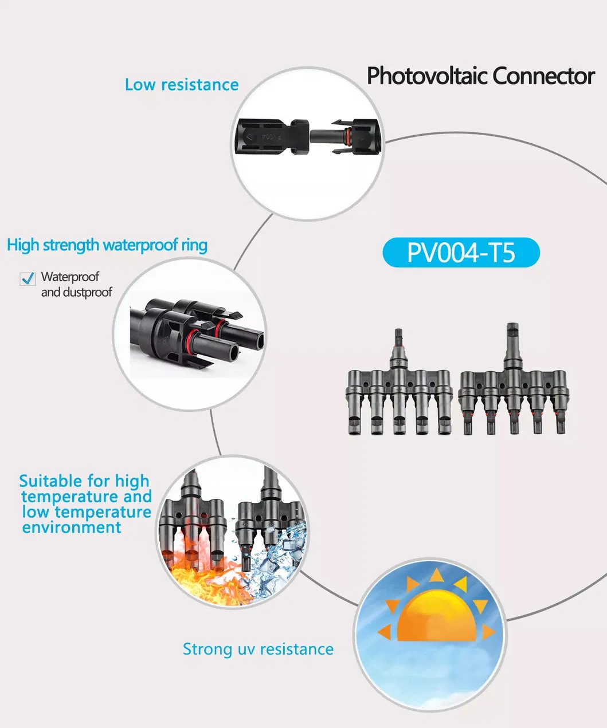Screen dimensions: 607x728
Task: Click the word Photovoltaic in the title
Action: click(427, 76)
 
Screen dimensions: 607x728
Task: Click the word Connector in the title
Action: click(544, 76)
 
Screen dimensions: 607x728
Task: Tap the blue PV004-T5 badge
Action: click(461, 253)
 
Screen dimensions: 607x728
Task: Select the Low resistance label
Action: click(182, 85)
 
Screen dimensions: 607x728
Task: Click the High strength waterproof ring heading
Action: click(107, 245)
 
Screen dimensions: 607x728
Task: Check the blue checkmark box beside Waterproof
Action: click(28, 279)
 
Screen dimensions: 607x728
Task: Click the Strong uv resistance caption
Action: click(258, 649)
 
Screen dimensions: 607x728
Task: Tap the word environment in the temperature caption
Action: click(72, 527)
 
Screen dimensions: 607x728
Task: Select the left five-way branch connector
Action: click(399, 382)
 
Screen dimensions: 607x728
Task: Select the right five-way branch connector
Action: click(513, 379)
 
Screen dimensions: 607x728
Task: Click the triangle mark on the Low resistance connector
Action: click(250, 137)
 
